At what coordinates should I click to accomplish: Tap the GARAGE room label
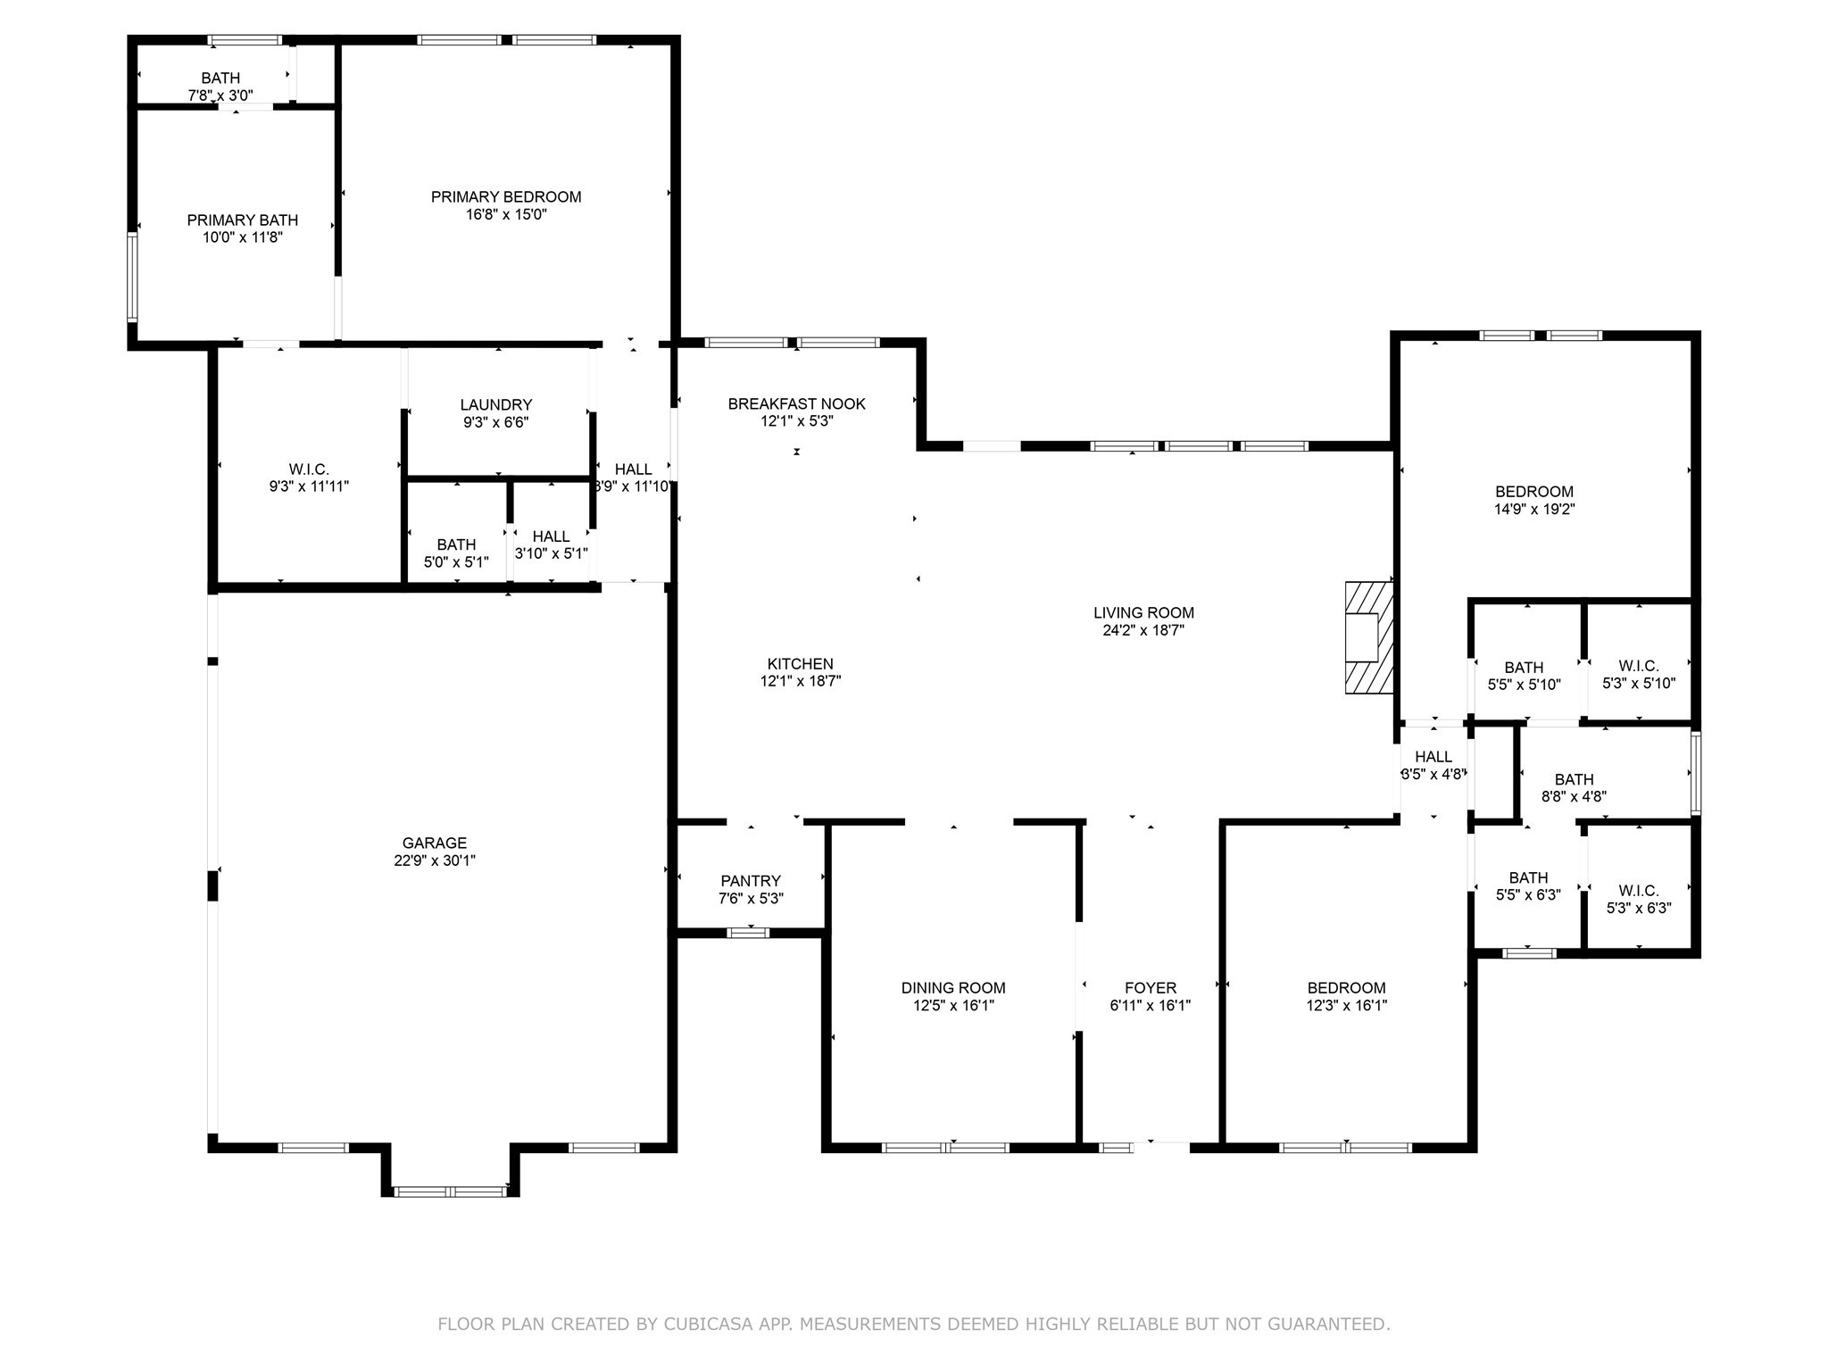[434, 843]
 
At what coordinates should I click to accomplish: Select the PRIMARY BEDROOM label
[506, 196]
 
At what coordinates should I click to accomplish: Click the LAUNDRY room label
[496, 404]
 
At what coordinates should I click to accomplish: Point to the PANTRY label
[751, 881]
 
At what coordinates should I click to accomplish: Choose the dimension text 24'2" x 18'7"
[1143, 630]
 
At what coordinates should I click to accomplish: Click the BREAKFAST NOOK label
[796, 403]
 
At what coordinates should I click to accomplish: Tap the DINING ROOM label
[953, 987]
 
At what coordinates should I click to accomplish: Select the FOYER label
[1150, 987]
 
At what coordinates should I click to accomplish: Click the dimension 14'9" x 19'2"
[1534, 510]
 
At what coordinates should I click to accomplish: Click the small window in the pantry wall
[748, 933]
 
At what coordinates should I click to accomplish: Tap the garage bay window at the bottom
[451, 1191]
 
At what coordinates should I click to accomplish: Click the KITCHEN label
[801, 663]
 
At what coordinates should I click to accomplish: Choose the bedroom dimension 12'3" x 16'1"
[1346, 1005]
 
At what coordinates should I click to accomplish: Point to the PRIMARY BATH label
[242, 220]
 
